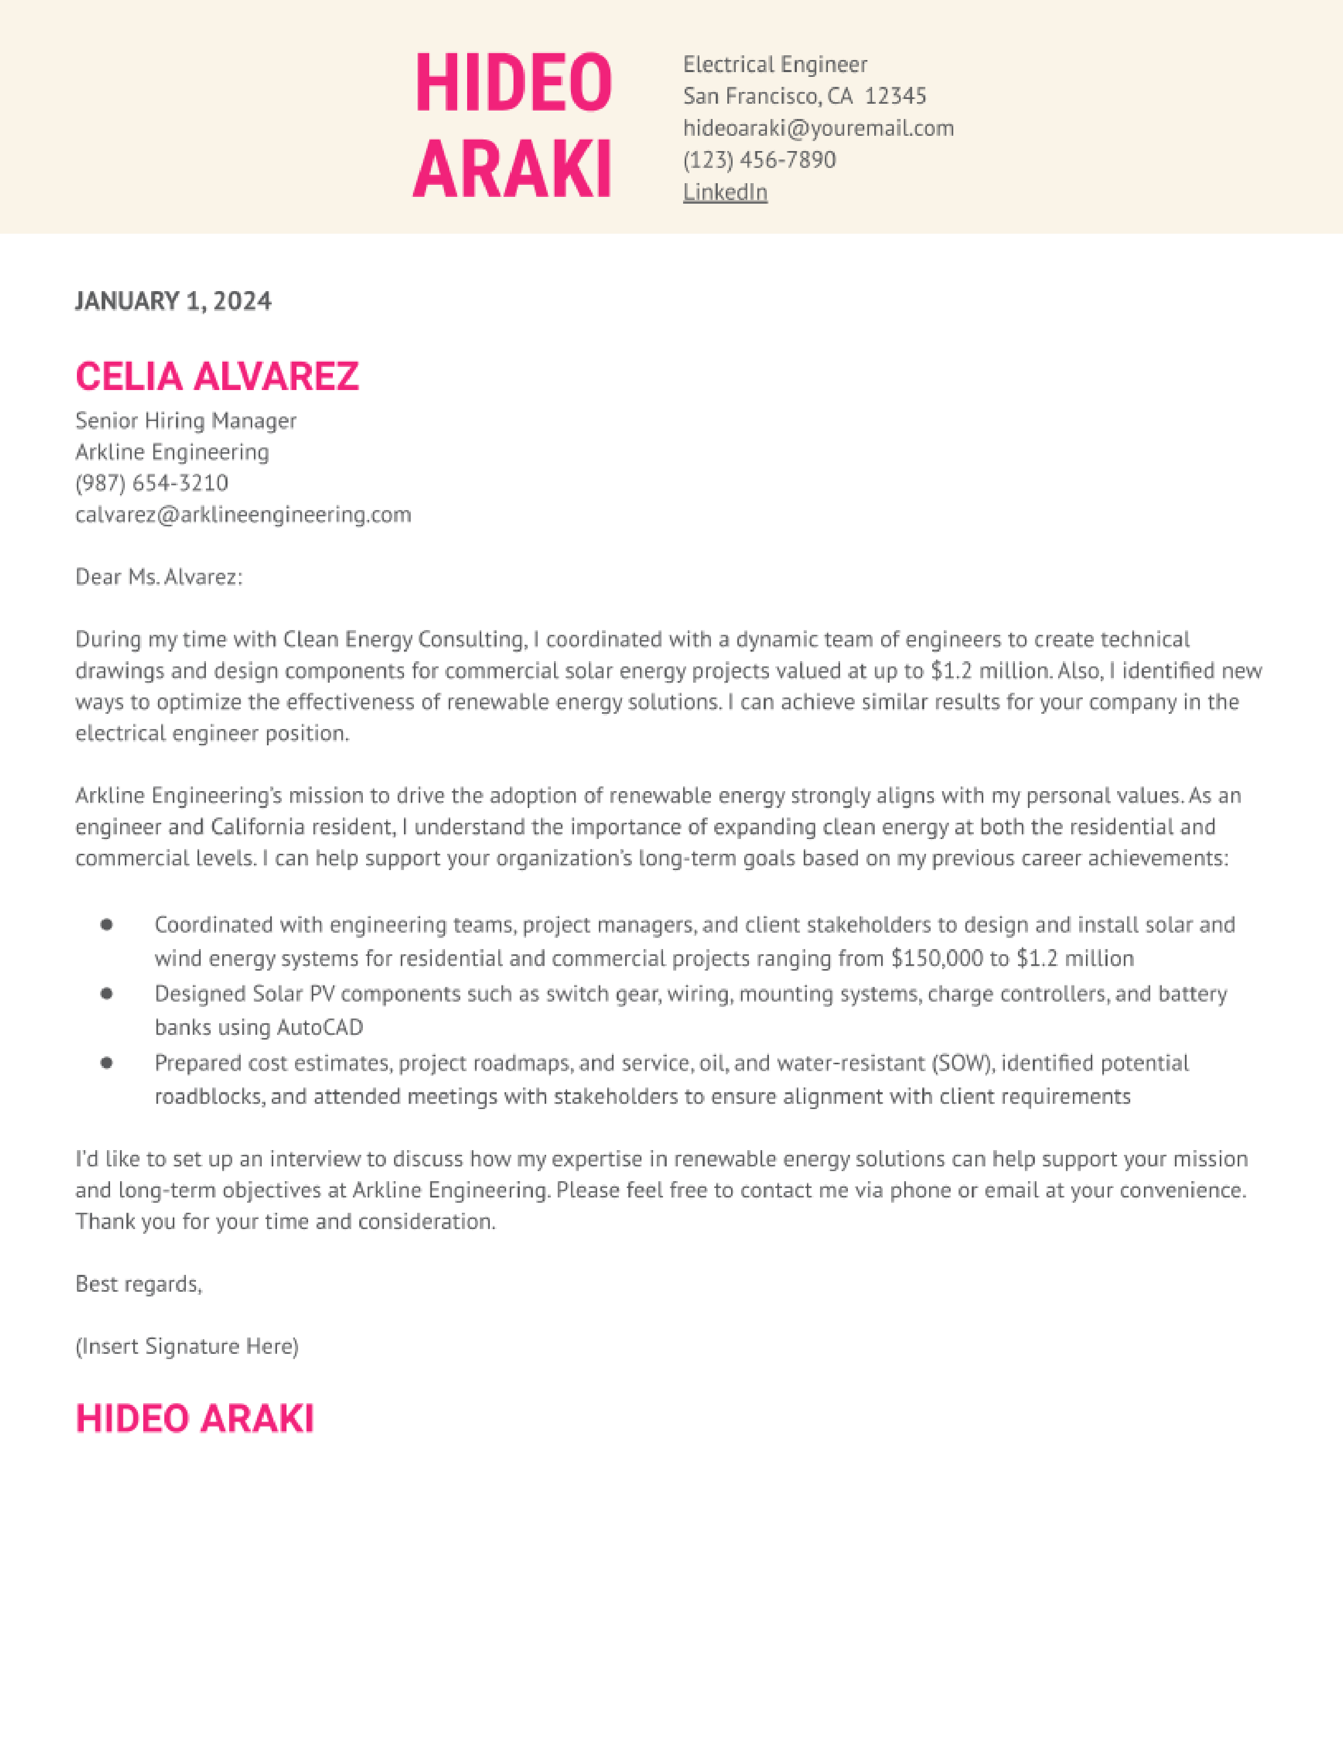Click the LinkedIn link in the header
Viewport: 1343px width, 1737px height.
point(725,193)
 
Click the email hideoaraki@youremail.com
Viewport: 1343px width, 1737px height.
point(818,128)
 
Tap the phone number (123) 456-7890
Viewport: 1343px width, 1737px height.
point(759,160)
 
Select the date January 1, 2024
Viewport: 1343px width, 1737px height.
point(173,301)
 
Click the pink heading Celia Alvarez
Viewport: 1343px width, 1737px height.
point(217,376)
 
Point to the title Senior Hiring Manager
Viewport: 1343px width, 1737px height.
point(185,420)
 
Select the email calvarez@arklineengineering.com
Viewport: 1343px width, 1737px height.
point(243,515)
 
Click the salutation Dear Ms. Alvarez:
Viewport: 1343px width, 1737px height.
point(159,576)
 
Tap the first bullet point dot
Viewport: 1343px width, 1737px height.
point(106,924)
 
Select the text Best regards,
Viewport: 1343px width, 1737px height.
point(139,1284)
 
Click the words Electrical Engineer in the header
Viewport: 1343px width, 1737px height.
point(775,64)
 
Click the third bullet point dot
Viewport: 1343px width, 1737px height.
point(106,1063)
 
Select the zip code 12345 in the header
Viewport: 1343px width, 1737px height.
point(895,96)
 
